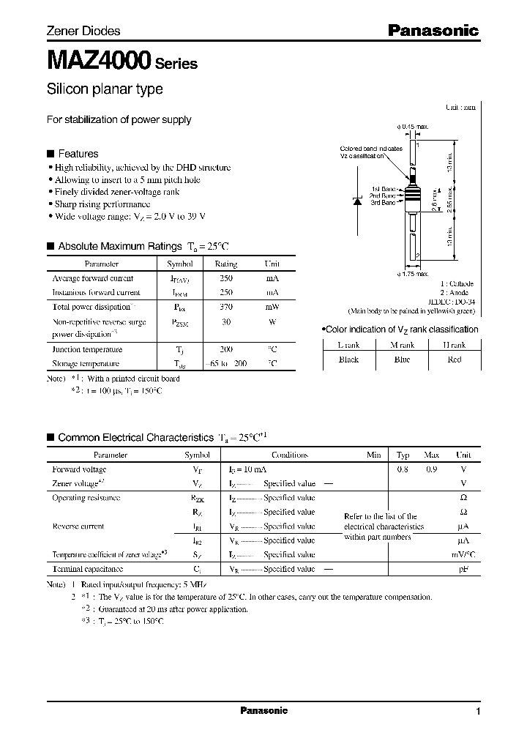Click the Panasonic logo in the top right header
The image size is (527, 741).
[x=433, y=30]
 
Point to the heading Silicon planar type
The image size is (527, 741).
[x=105, y=89]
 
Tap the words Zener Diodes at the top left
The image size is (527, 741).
[x=83, y=31]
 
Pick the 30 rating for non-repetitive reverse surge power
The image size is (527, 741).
[x=226, y=321]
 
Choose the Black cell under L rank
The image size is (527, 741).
[x=348, y=360]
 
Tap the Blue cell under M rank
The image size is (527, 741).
[x=402, y=360]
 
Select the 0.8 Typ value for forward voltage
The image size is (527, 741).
[x=403, y=469]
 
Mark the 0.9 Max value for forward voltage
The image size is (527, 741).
[x=432, y=469]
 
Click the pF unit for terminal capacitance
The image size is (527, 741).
[x=462, y=569]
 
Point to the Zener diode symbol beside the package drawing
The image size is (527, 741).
[x=358, y=202]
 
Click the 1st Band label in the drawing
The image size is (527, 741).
[x=383, y=188]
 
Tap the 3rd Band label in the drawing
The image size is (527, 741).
[x=383, y=202]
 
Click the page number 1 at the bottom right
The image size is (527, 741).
[x=478, y=712]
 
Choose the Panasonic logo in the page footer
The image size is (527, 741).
[x=263, y=711]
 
